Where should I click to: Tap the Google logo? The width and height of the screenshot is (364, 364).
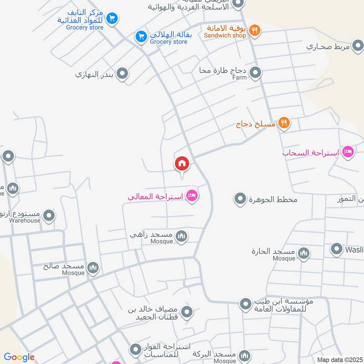pos(19,357)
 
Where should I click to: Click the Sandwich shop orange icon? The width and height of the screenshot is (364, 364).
pos(255,30)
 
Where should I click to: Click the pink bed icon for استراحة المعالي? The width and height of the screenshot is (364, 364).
pos(192,196)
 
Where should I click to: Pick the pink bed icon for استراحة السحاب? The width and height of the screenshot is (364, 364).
pos(348,152)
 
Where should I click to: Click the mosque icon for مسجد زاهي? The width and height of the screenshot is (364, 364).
pos(182,236)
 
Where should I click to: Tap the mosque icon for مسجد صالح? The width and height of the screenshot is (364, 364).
pos(93,268)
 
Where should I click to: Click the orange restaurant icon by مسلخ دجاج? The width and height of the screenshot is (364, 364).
pos(284,123)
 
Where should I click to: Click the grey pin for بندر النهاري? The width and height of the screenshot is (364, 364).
pos(122,73)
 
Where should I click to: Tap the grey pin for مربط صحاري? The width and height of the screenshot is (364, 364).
pos(358,45)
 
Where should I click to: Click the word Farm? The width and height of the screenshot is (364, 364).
pos(239,77)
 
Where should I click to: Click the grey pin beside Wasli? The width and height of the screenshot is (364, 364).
pos(336,249)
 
